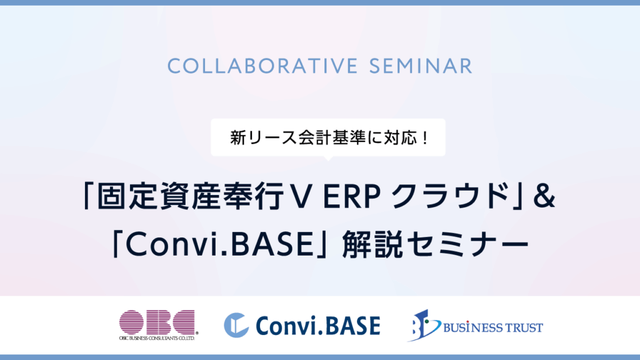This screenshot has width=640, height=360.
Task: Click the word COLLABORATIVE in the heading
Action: pyautogui.click(x=263, y=66)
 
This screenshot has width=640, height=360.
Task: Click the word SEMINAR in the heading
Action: pyautogui.click(x=421, y=66)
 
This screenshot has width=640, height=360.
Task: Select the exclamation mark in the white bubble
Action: pyautogui.click(x=425, y=138)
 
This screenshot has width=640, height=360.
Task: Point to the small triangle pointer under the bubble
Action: pyautogui.click(x=327, y=158)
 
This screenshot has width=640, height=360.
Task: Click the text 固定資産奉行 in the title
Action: pyautogui.click(x=190, y=197)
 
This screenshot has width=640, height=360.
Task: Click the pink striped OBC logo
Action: pyautogui.click(x=157, y=322)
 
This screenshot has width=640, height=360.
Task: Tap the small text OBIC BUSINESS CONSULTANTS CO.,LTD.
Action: pyautogui.click(x=157, y=338)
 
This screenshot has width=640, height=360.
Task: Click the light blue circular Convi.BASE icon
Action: pyautogui.click(x=236, y=325)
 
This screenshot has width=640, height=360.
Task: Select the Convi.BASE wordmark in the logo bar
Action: pyautogui.click(x=318, y=325)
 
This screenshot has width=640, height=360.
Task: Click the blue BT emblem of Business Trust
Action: pyautogui.click(x=424, y=325)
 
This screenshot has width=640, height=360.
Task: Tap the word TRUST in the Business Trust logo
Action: pyautogui.click(x=525, y=327)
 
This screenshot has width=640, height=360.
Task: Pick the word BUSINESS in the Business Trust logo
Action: pyautogui.click(x=474, y=327)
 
